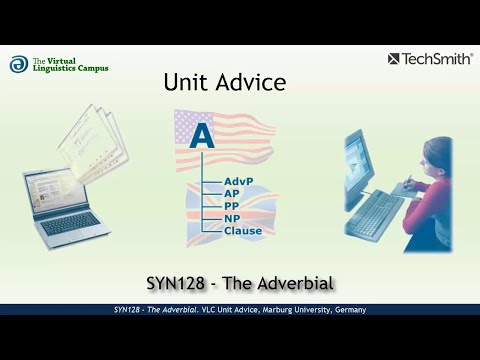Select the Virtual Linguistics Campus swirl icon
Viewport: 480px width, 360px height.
click(18, 65)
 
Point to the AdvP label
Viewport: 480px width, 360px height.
click(240, 181)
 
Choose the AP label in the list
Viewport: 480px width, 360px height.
click(231, 193)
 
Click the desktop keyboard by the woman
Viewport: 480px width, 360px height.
click(375, 210)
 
